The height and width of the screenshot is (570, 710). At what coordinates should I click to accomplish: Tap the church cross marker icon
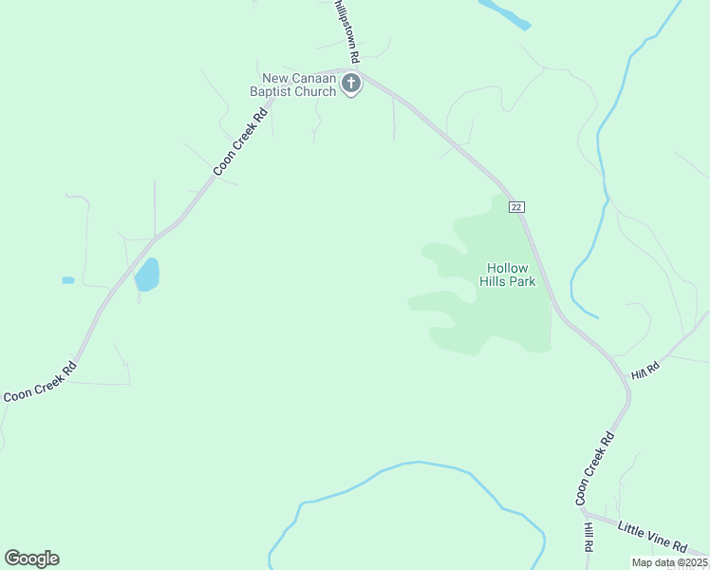click(351, 84)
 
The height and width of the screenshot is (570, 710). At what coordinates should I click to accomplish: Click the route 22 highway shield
click(516, 207)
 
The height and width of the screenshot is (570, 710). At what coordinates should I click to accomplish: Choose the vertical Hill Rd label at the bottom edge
click(589, 538)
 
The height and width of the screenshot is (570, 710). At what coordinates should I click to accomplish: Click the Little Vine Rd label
click(651, 537)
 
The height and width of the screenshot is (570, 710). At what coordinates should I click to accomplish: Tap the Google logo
click(31, 559)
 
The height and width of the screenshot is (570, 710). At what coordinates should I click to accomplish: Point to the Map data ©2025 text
click(670, 562)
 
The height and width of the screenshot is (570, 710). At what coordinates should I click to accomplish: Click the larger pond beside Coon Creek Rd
click(147, 275)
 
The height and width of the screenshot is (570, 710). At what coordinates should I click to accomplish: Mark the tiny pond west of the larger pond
click(67, 280)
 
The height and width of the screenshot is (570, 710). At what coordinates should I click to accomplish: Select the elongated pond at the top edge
click(504, 14)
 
